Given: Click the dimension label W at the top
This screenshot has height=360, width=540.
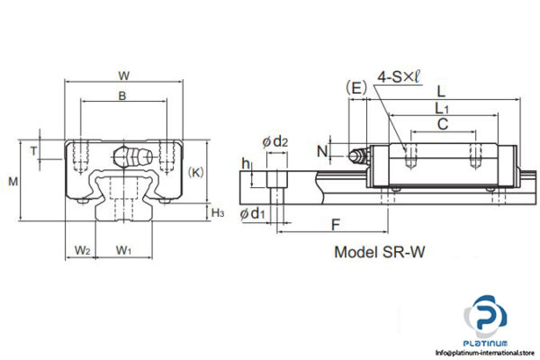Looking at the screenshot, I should click(125, 75).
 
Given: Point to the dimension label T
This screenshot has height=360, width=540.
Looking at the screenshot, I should click(34, 151).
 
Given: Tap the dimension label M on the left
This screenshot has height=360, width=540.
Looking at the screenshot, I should click(13, 182).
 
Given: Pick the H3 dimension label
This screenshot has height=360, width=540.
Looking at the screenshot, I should click(218, 212).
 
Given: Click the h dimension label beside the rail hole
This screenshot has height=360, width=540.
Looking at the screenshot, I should click(246, 165).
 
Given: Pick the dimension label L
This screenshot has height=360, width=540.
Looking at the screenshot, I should click(440, 91).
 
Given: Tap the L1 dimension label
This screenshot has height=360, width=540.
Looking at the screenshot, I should click(440, 109).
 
